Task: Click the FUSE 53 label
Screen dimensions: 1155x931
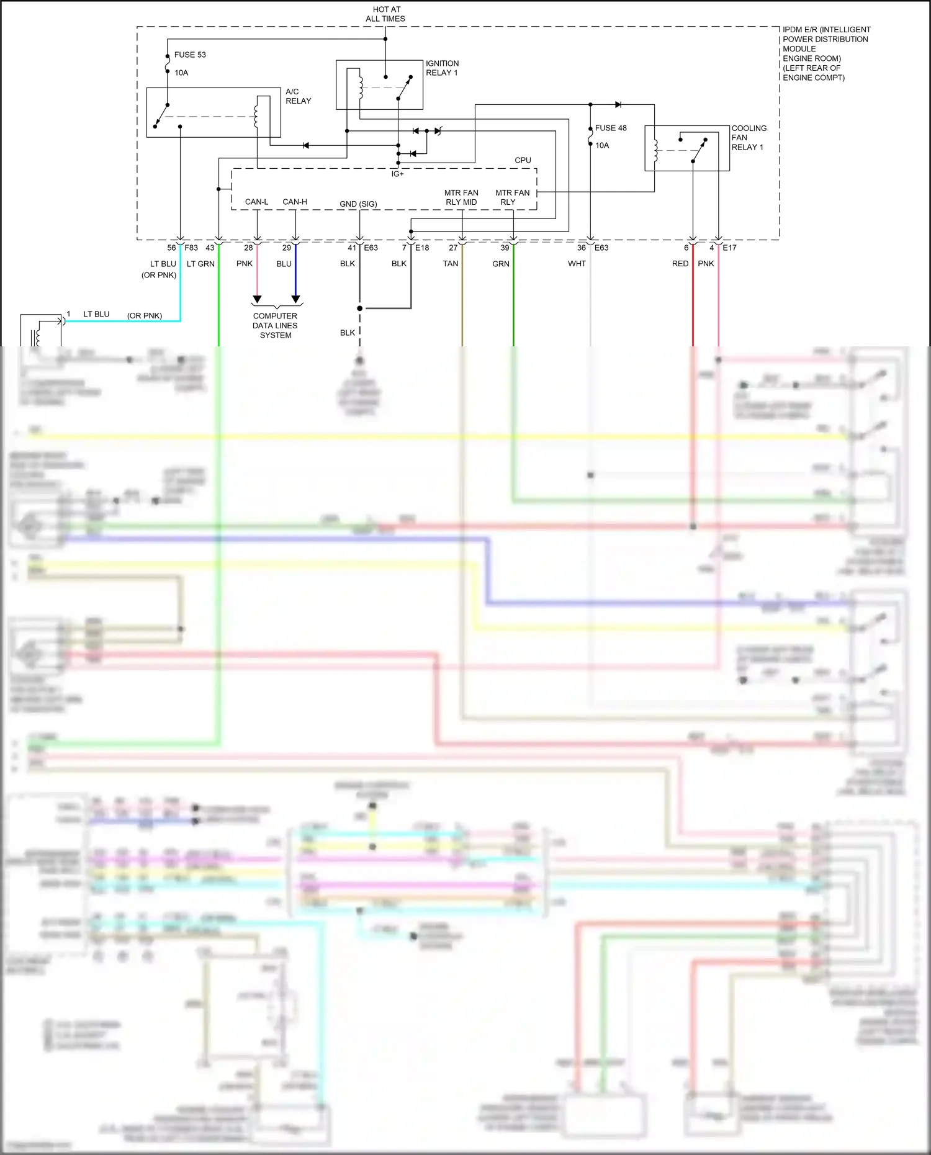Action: (x=189, y=55)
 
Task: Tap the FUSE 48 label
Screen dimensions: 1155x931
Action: (x=611, y=128)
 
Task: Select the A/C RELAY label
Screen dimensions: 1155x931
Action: (x=298, y=96)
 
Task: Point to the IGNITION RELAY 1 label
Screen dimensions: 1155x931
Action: (x=442, y=68)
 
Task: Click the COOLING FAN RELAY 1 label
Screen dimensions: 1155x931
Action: (x=749, y=138)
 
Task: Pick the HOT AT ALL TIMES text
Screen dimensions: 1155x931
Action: (x=385, y=14)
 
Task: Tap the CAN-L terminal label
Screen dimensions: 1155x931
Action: (x=256, y=202)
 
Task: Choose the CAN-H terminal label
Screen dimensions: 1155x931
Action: (x=295, y=202)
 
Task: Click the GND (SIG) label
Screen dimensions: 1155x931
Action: (x=358, y=204)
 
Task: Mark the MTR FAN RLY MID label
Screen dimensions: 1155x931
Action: (x=461, y=197)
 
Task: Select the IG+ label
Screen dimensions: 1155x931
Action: (x=397, y=174)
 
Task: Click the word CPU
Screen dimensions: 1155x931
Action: (x=523, y=160)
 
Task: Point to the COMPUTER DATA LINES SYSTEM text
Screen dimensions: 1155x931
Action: (x=275, y=325)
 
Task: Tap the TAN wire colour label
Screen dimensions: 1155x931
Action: (x=451, y=264)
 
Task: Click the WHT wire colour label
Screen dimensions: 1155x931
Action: (x=577, y=264)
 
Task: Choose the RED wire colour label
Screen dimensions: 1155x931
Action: (x=680, y=264)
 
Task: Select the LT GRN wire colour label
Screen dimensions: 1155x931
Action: (x=200, y=264)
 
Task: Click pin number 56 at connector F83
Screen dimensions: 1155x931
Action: (x=171, y=248)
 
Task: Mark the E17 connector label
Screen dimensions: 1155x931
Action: (x=729, y=248)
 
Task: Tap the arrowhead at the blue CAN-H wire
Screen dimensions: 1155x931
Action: (x=295, y=299)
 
